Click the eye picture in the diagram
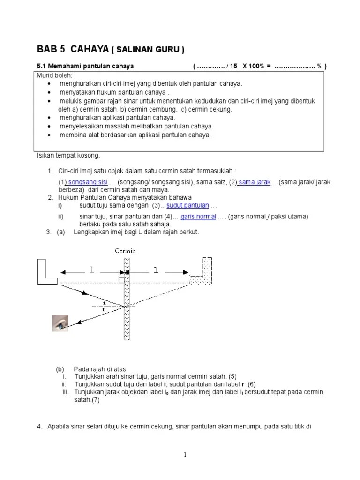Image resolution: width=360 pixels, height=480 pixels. click(60, 323)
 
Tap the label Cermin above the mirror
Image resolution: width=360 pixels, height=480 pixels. click(125, 251)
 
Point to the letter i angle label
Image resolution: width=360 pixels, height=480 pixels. click(105, 303)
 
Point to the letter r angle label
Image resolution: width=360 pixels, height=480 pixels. click(104, 309)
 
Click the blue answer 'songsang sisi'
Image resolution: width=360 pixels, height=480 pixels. click(88, 182)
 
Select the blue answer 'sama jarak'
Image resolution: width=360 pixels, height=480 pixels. click(255, 182)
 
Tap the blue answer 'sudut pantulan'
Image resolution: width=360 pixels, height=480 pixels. click(187, 205)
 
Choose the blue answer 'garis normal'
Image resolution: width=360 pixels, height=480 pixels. click(198, 217)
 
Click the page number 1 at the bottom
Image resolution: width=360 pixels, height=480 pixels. click(185, 455)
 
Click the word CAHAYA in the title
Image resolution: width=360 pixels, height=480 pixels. click(90, 49)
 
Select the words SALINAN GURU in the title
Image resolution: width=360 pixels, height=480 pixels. click(148, 50)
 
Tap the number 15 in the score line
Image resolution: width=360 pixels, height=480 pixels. click(233, 66)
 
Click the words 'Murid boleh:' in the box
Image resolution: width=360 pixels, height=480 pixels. click(54, 75)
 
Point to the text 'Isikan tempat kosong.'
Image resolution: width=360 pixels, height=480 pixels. click(68, 156)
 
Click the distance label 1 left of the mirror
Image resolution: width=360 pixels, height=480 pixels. click(91, 270)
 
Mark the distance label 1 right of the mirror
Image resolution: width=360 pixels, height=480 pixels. click(156, 270)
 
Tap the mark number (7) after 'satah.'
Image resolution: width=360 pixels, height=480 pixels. click(96, 400)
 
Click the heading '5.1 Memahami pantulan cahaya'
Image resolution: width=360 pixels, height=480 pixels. click(85, 66)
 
